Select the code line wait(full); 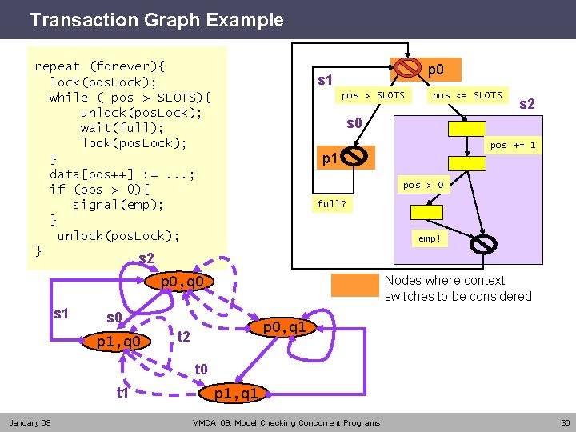[122, 128]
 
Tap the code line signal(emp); [118, 204]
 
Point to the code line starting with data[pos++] [122, 174]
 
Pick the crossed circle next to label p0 [408, 70]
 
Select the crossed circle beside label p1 [357, 157]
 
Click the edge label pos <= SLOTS [467, 95]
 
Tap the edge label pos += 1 [513, 145]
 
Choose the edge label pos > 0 [423, 185]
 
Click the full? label [332, 204]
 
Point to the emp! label [430, 238]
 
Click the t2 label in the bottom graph [183, 337]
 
